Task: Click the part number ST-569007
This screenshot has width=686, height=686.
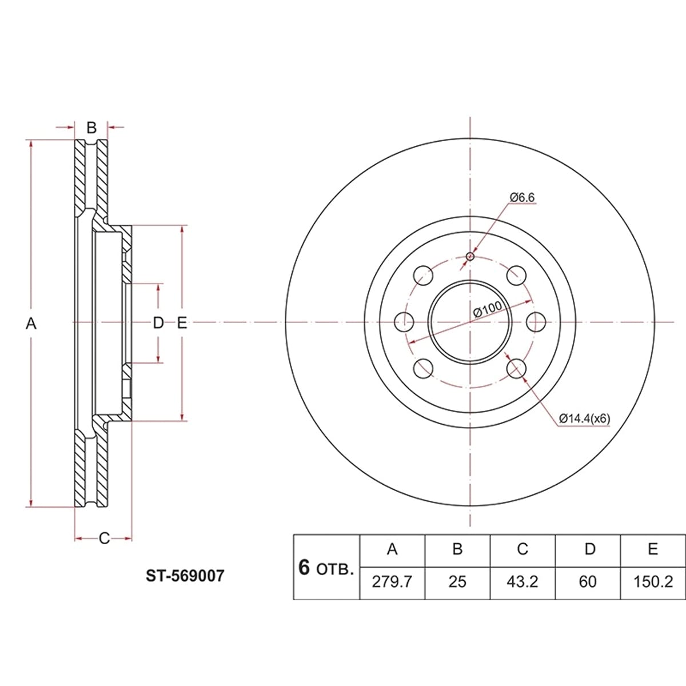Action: (x=185, y=576)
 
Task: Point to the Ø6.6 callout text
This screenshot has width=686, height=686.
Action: (x=523, y=197)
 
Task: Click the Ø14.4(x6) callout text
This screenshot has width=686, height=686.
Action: (x=585, y=418)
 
